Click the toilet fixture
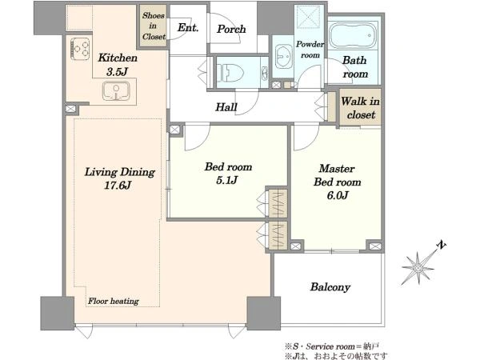[x=230, y=73]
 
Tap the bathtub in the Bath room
[x=354, y=35]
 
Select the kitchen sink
[x=116, y=91]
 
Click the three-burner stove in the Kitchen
[x=80, y=49]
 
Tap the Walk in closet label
[x=360, y=108]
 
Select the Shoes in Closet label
[x=154, y=26]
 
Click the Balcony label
[x=330, y=287]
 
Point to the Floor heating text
[x=114, y=302]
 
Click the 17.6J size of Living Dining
[x=118, y=186]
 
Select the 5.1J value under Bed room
[x=227, y=180]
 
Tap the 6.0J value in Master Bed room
[x=338, y=195]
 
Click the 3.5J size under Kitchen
[x=117, y=72]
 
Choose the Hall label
[x=226, y=107]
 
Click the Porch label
[x=231, y=29]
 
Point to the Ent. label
[x=188, y=27]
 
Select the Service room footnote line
[x=332, y=346]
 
